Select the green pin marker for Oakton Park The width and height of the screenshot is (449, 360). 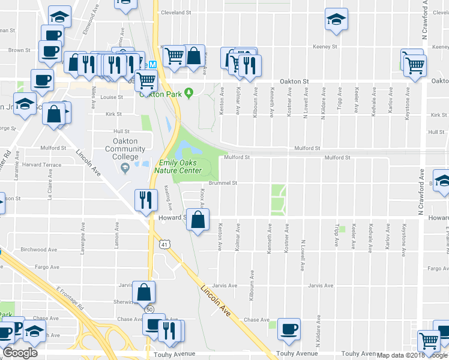188,92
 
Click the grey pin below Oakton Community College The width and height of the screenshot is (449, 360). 125,169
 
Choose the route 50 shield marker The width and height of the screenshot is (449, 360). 149,309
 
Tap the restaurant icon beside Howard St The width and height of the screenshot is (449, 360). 144,200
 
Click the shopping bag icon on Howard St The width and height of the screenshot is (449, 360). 197,220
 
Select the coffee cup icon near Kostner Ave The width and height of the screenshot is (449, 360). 289,329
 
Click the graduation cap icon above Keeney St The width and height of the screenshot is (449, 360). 336,19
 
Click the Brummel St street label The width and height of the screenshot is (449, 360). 223,182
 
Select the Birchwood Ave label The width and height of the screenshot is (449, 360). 38,250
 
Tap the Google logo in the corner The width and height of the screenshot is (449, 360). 20,353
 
